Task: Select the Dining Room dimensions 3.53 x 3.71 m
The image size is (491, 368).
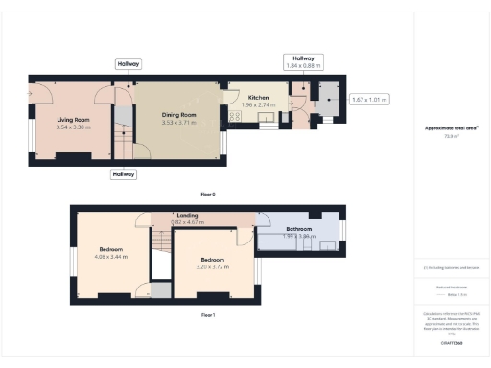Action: pyautogui.click(x=178, y=123)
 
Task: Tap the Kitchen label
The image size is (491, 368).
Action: pyautogui.click(x=258, y=98)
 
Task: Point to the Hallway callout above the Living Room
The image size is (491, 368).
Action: pyautogui.click(x=129, y=64)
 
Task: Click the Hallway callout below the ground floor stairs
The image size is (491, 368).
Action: pyautogui.click(x=124, y=174)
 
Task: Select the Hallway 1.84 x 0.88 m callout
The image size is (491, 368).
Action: pyautogui.click(x=303, y=62)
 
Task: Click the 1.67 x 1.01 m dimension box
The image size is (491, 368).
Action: pyautogui.click(x=370, y=99)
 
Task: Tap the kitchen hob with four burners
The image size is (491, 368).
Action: pyautogui.click(x=233, y=116)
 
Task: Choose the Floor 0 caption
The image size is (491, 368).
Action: pyautogui.click(x=208, y=194)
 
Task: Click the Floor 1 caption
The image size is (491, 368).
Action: pyautogui.click(x=208, y=314)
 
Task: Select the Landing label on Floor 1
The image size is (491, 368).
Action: pyautogui.click(x=188, y=216)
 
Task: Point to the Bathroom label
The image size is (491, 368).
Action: pyautogui.click(x=299, y=229)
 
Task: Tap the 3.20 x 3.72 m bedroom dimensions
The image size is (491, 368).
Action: pyautogui.click(x=212, y=266)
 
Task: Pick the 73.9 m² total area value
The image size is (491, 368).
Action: pyautogui.click(x=450, y=136)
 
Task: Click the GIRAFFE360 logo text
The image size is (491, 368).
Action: pyautogui.click(x=452, y=342)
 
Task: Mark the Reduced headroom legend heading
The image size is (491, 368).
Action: pyautogui.click(x=451, y=287)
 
